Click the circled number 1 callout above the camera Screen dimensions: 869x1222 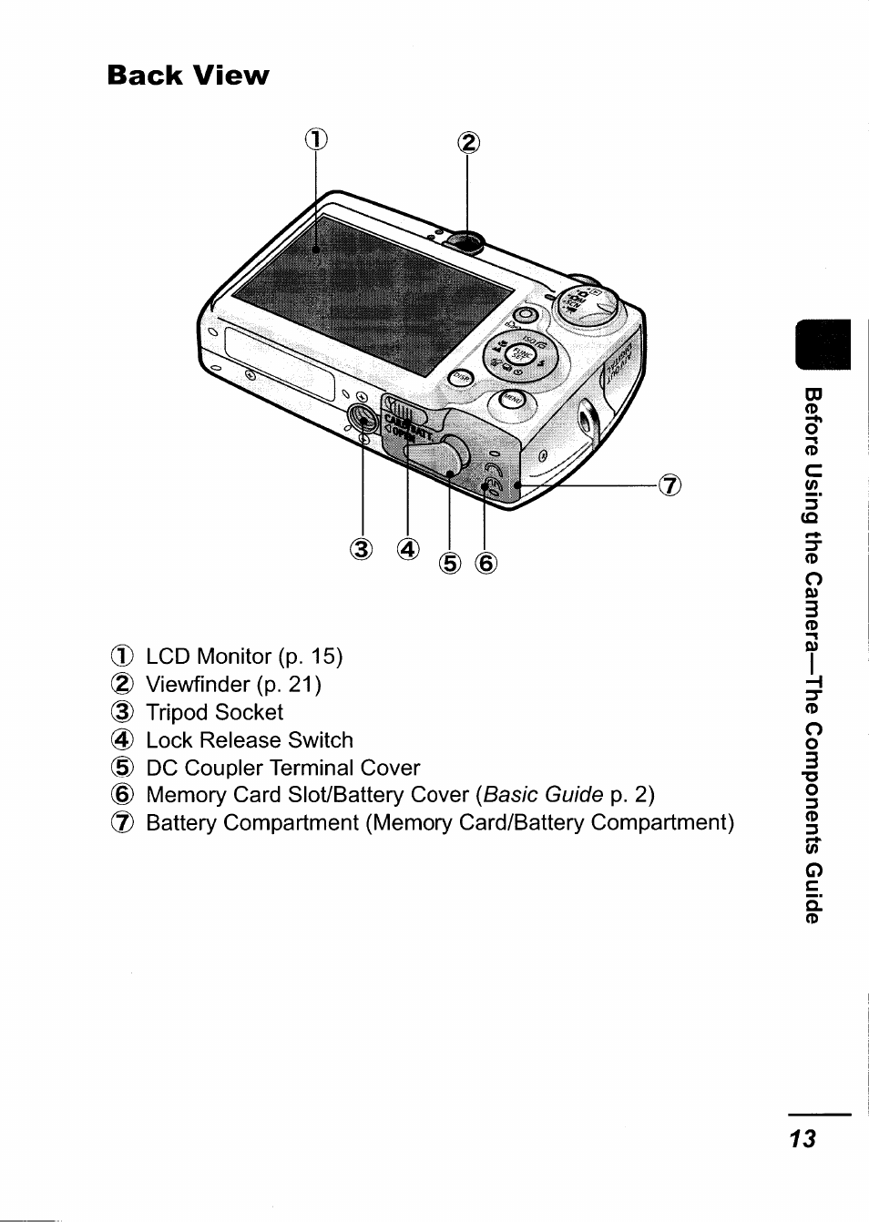pyautogui.click(x=314, y=138)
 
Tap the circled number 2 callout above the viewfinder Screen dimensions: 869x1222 pyautogui.click(x=467, y=143)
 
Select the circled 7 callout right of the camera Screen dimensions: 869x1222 pyautogui.click(x=670, y=485)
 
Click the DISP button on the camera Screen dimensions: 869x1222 pyautogui.click(x=462, y=377)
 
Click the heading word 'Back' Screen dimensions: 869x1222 pyautogui.click(x=145, y=76)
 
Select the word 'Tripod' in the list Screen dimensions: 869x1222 pyautogui.click(x=181, y=713)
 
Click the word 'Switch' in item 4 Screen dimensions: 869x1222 pyautogui.click(x=320, y=740)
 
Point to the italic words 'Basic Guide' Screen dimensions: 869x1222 pyautogui.click(x=544, y=795)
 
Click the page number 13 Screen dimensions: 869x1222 pyautogui.click(x=803, y=1138)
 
